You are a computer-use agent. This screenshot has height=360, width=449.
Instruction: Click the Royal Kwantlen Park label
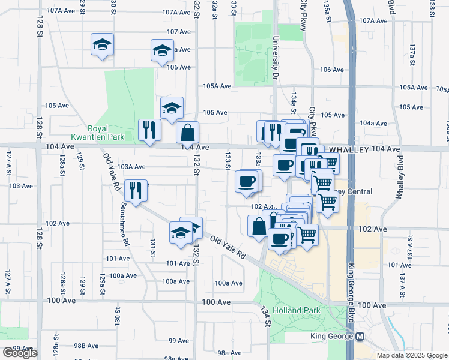click(106, 133)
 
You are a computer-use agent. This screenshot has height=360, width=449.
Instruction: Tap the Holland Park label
click(290, 310)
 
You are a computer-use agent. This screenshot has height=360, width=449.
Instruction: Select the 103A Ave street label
click(131, 167)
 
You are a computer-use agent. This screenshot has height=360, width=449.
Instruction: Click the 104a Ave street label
click(373, 123)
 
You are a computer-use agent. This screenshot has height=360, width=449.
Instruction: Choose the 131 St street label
click(153, 248)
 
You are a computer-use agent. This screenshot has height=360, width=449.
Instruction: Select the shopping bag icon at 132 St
click(187, 131)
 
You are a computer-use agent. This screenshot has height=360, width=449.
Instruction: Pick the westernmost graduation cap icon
click(102, 44)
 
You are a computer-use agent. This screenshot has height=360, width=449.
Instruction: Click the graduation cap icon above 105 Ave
click(172, 107)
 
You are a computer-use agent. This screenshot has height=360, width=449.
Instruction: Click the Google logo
click(20, 353)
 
